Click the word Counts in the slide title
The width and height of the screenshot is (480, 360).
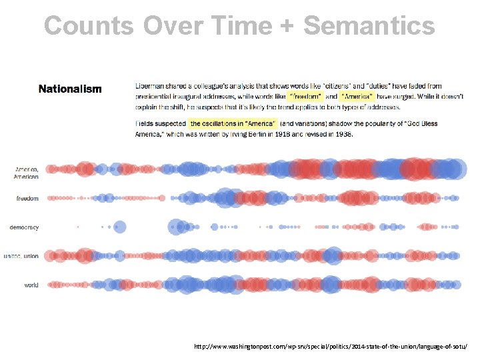coord(89,26)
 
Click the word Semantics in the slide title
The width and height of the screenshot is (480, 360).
coord(369,26)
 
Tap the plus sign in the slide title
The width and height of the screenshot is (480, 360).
coord(286,27)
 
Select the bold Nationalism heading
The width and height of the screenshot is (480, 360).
coord(70,89)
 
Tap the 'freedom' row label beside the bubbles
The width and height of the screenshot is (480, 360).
coord(27,198)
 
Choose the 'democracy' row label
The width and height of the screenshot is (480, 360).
coord(24,227)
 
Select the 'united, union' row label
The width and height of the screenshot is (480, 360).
coord(21,256)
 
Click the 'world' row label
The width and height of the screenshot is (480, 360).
coord(31,285)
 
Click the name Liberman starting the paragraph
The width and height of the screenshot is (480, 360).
coord(151,86)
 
